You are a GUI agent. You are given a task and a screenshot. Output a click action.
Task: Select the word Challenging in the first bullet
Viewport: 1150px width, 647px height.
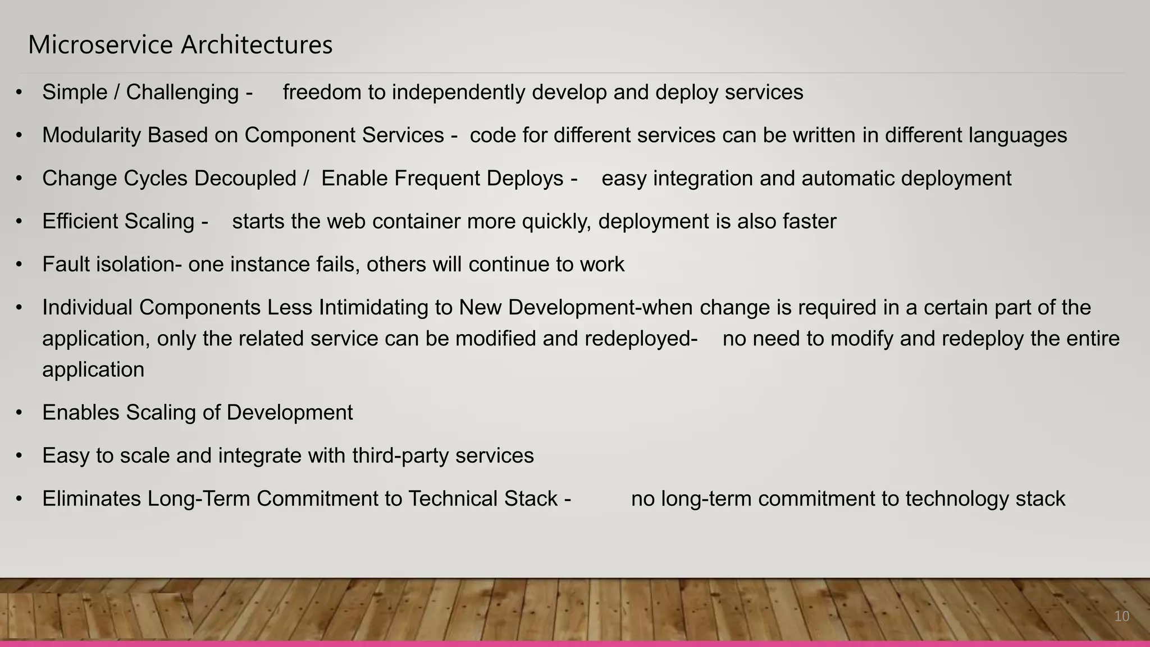tap(182, 92)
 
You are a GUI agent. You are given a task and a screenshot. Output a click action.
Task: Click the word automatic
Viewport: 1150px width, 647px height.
tap(848, 178)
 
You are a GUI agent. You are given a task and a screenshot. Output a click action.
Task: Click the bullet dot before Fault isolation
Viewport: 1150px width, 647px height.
tap(19, 265)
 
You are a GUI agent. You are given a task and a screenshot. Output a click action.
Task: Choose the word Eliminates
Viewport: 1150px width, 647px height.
tap(92, 499)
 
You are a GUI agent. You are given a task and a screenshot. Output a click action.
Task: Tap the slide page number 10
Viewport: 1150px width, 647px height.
tap(1121, 616)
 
